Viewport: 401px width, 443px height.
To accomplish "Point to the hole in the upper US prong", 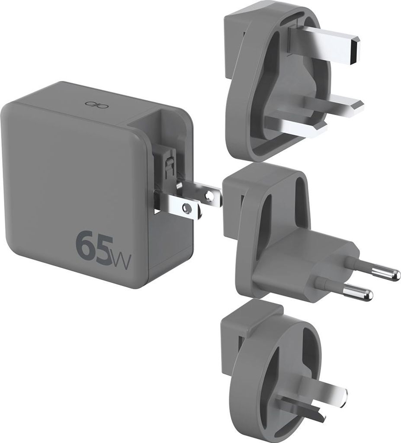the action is [x=209, y=195].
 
